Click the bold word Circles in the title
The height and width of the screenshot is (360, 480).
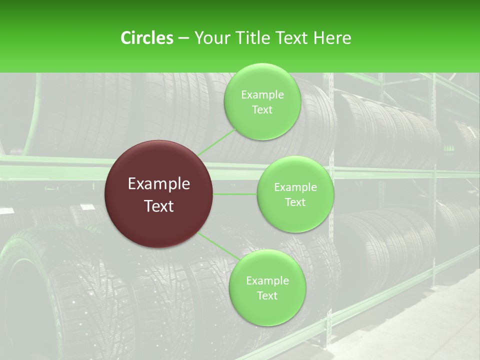click(146, 38)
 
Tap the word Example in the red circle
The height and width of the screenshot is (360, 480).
click(159, 184)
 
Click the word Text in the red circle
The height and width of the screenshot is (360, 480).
click(159, 206)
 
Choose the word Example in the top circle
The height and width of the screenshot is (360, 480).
click(262, 95)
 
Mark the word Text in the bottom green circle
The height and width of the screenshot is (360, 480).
click(267, 295)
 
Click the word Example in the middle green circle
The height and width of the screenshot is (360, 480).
click(295, 187)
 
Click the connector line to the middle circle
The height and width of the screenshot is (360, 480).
click(235, 194)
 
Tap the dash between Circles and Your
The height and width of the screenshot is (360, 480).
click(183, 38)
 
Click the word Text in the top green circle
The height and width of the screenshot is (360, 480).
click(262, 110)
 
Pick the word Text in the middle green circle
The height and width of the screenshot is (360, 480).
click(295, 202)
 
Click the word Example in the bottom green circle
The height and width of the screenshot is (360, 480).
click(267, 281)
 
